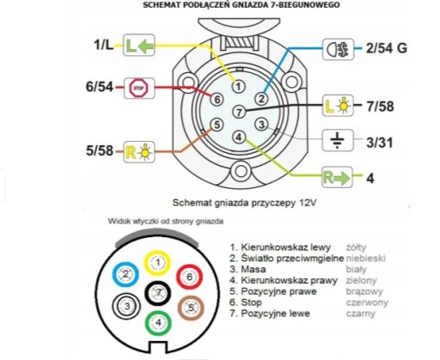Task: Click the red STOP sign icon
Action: [x=139, y=88]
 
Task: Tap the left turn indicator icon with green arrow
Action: [x=139, y=45]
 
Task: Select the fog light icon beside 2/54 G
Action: [x=338, y=49]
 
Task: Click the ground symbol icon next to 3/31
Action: [x=338, y=140]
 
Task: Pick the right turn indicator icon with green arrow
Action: [x=337, y=178]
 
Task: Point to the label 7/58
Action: [x=381, y=107]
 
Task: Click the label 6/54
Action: [x=100, y=87]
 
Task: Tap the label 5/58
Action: [x=100, y=150]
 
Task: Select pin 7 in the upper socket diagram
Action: [x=239, y=112]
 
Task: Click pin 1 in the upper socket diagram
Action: [x=238, y=86]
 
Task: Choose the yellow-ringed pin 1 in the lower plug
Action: [x=157, y=263]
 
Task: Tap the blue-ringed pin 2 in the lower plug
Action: [x=125, y=274]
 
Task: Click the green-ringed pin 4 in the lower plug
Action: [x=158, y=323]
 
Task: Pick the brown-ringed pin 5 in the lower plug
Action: [x=191, y=308]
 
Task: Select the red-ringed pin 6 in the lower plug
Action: [x=189, y=277]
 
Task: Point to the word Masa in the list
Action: [x=254, y=270]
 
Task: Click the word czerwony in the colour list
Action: [x=367, y=302]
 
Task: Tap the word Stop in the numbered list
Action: [x=251, y=302]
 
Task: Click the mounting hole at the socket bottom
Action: [x=241, y=171]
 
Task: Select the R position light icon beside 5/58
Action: [x=139, y=152]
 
